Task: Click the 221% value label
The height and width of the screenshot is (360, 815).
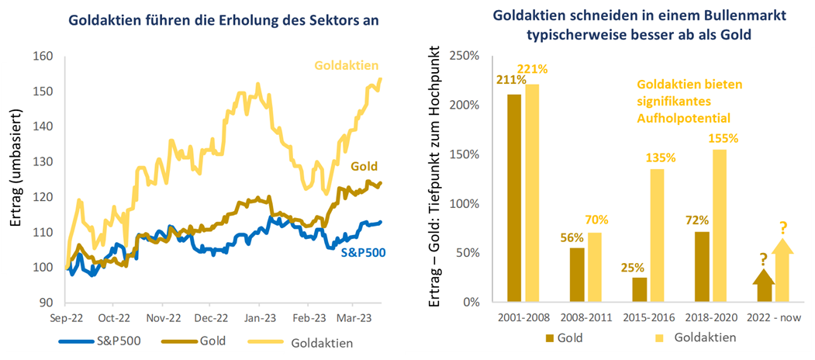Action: pyautogui.click(x=532, y=69)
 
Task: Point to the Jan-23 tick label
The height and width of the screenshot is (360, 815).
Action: pyautogui.click(x=259, y=317)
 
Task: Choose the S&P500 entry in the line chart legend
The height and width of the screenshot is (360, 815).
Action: pyautogui.click(x=108, y=340)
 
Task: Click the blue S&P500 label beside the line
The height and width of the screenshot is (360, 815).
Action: pyautogui.click(x=364, y=251)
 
